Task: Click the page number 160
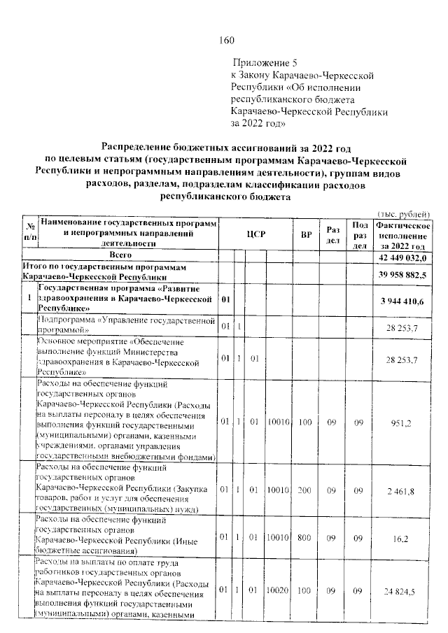226,40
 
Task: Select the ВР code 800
305,540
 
